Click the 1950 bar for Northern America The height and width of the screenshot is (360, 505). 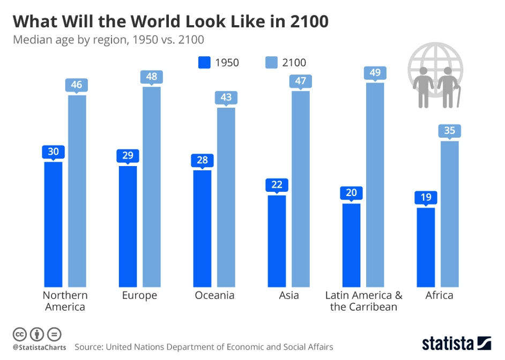click(x=53, y=224)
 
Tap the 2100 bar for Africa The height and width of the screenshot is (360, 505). click(x=450, y=214)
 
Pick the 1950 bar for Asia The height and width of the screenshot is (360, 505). click(x=277, y=241)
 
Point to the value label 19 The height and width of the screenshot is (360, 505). click(x=426, y=197)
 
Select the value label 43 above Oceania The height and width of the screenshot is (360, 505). click(x=226, y=97)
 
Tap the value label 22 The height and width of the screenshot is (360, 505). click(x=277, y=185)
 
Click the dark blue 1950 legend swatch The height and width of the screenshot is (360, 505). click(x=204, y=63)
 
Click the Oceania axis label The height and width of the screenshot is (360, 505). click(x=214, y=295)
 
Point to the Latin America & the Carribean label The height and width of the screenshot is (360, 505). click(x=364, y=301)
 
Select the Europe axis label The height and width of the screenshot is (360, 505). click(x=139, y=295)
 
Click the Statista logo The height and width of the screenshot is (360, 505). click(x=456, y=343)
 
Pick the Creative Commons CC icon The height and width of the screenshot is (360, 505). click(x=20, y=335)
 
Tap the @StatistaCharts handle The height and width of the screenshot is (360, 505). click(x=39, y=348)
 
